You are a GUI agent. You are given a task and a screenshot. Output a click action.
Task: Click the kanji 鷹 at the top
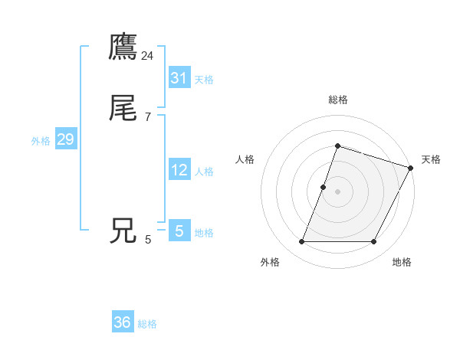(123, 47)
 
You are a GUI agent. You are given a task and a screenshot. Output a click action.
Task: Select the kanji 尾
(123, 110)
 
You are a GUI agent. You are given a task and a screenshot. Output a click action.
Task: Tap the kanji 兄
(123, 231)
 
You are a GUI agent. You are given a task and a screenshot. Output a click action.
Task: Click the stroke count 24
(148, 56)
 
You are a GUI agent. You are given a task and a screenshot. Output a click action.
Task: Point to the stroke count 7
(148, 117)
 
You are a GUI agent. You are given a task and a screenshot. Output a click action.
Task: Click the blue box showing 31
(179, 78)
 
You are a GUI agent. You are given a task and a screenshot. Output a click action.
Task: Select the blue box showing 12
(179, 170)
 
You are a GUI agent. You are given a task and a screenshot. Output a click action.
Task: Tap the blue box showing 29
(65, 139)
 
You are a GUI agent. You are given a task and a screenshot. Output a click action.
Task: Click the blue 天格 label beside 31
(204, 80)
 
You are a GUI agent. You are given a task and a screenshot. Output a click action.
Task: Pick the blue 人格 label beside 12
(204, 172)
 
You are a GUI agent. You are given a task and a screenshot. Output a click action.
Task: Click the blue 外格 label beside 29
(41, 141)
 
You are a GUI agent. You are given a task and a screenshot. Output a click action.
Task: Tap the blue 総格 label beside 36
(147, 324)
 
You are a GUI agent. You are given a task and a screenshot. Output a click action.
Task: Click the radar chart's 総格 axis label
(338, 100)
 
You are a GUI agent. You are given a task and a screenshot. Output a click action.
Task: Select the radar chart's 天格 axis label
(432, 159)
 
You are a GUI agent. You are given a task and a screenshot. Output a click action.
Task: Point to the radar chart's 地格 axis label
(402, 263)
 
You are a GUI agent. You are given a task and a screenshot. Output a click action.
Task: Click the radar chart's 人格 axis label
(245, 159)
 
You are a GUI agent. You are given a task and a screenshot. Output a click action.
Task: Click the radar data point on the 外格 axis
(302, 242)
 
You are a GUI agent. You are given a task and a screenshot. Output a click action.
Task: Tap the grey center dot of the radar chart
(338, 191)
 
